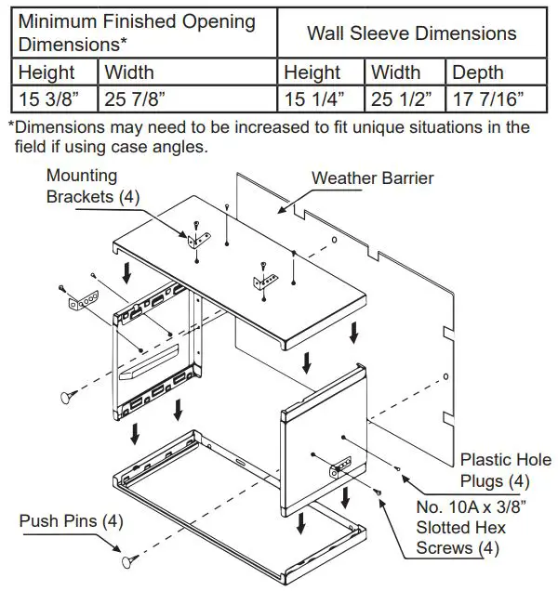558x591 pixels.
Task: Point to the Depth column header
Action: tap(477, 72)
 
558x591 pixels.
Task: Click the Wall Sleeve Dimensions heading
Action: tap(411, 33)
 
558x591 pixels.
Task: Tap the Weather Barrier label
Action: tap(372, 177)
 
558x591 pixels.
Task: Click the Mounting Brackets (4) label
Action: tap(82, 186)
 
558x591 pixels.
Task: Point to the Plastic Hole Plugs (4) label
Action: tap(505, 470)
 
